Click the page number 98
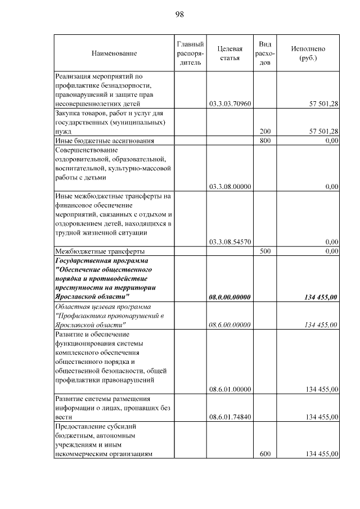click(x=180, y=14)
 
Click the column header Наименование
click(x=114, y=53)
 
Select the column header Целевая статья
click(x=229, y=53)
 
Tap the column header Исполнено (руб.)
click(x=308, y=53)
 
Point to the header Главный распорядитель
click(x=190, y=53)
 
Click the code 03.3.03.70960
click(x=229, y=103)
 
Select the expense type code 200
click(x=265, y=131)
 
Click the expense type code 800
click(x=265, y=140)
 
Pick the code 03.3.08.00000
click(x=229, y=186)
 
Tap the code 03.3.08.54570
click(x=229, y=242)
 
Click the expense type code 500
click(x=265, y=251)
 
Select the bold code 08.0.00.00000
click(x=229, y=297)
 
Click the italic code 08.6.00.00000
click(x=229, y=325)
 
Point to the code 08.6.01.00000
click(x=229, y=389)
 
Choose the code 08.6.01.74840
click(x=229, y=417)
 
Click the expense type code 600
click(x=265, y=453)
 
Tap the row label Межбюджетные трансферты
click(x=100, y=251)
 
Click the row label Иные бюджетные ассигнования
click(x=104, y=140)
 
